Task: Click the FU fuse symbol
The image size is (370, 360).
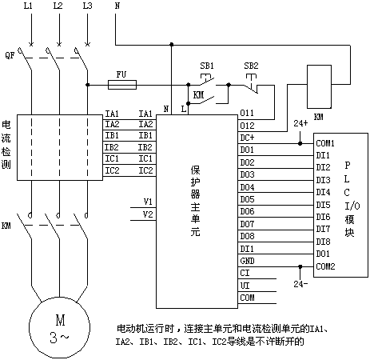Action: click(122, 85)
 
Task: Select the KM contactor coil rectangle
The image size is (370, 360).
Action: click(319, 86)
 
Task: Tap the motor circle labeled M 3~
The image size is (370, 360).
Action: click(59, 327)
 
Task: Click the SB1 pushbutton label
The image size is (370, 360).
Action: click(207, 66)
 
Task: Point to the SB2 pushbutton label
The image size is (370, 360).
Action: click(251, 66)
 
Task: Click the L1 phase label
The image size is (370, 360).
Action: click(28, 6)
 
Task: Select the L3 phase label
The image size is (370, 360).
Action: click(87, 6)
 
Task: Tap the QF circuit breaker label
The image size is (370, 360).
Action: click(10, 55)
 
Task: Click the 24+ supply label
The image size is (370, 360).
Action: click(300, 123)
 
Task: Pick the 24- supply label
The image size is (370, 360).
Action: click(300, 284)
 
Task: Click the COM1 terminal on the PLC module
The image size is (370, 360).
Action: click(325, 143)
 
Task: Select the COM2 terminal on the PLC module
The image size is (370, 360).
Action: click(325, 266)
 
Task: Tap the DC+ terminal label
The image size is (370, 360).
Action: click(247, 138)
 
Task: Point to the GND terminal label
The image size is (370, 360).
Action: click(247, 261)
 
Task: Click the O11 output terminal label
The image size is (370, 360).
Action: click(247, 113)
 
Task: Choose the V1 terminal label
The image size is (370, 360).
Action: click(148, 202)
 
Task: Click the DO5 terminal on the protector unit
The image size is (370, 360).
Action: click(247, 199)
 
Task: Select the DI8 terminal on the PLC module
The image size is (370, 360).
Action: click(323, 242)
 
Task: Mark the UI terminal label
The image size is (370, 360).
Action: click(245, 286)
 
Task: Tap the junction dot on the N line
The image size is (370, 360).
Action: click(172, 44)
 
